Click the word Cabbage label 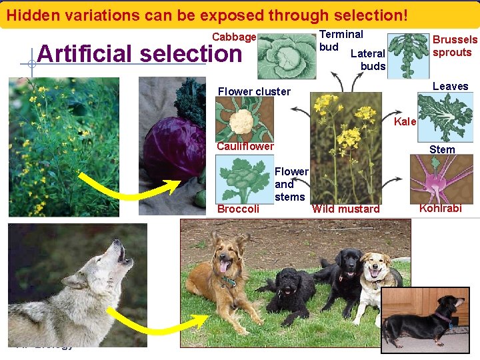(x=234, y=37)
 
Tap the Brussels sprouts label (x=455, y=46)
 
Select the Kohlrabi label (x=440, y=209)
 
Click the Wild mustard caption (x=346, y=209)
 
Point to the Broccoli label (x=239, y=209)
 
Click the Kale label (x=405, y=121)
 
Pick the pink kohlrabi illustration (x=440, y=179)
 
